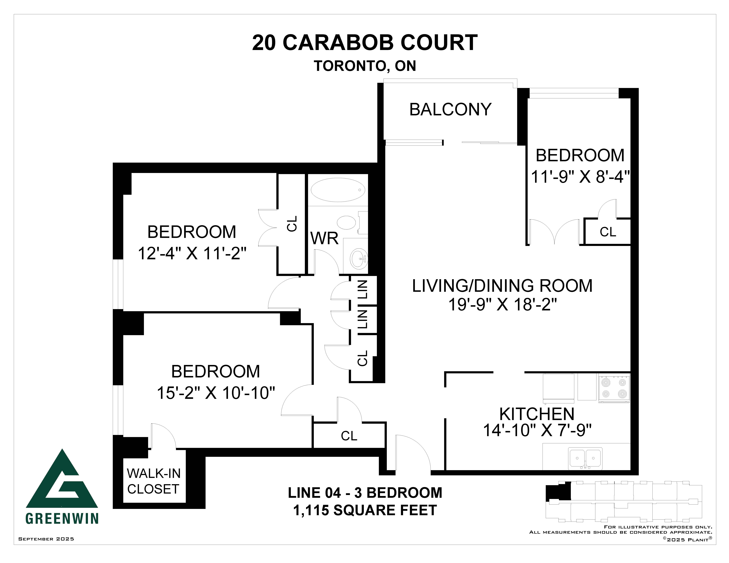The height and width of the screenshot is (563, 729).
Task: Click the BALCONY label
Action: tap(450, 109)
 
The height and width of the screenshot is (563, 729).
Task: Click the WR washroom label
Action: tap(324, 238)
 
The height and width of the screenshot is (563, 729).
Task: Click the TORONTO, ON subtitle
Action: tap(365, 66)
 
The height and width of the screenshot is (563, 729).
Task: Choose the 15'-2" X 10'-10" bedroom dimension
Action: tap(216, 393)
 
